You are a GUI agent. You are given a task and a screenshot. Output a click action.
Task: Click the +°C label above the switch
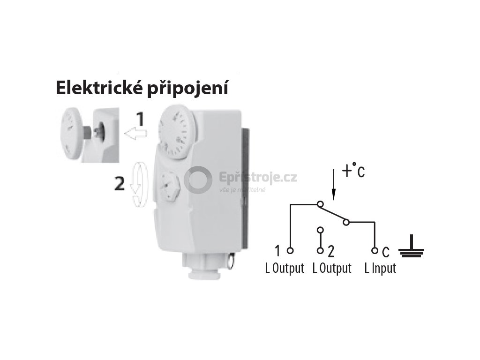[x=353, y=172]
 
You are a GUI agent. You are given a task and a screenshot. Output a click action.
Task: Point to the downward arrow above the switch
[x=333, y=187]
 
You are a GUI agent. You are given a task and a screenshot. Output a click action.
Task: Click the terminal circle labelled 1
[x=290, y=251]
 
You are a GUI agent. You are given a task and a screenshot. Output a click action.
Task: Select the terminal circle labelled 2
[x=321, y=251]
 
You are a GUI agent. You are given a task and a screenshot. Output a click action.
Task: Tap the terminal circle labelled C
[x=374, y=251]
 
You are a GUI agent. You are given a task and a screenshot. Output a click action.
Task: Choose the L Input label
[x=380, y=269]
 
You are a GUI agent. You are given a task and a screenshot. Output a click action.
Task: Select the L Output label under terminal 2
[x=331, y=269]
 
